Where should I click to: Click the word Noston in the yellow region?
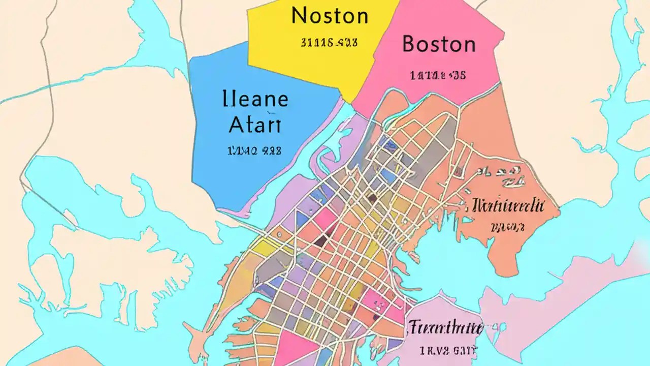click(x=330, y=16)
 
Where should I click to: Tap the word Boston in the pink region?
click(x=439, y=45)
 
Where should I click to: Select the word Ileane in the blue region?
click(x=255, y=99)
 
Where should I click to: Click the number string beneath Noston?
click(x=329, y=43)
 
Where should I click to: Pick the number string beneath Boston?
click(x=437, y=76)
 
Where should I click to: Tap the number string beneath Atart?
click(x=252, y=151)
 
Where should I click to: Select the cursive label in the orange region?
click(x=508, y=206)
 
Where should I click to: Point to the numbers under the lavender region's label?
click(x=447, y=350)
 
